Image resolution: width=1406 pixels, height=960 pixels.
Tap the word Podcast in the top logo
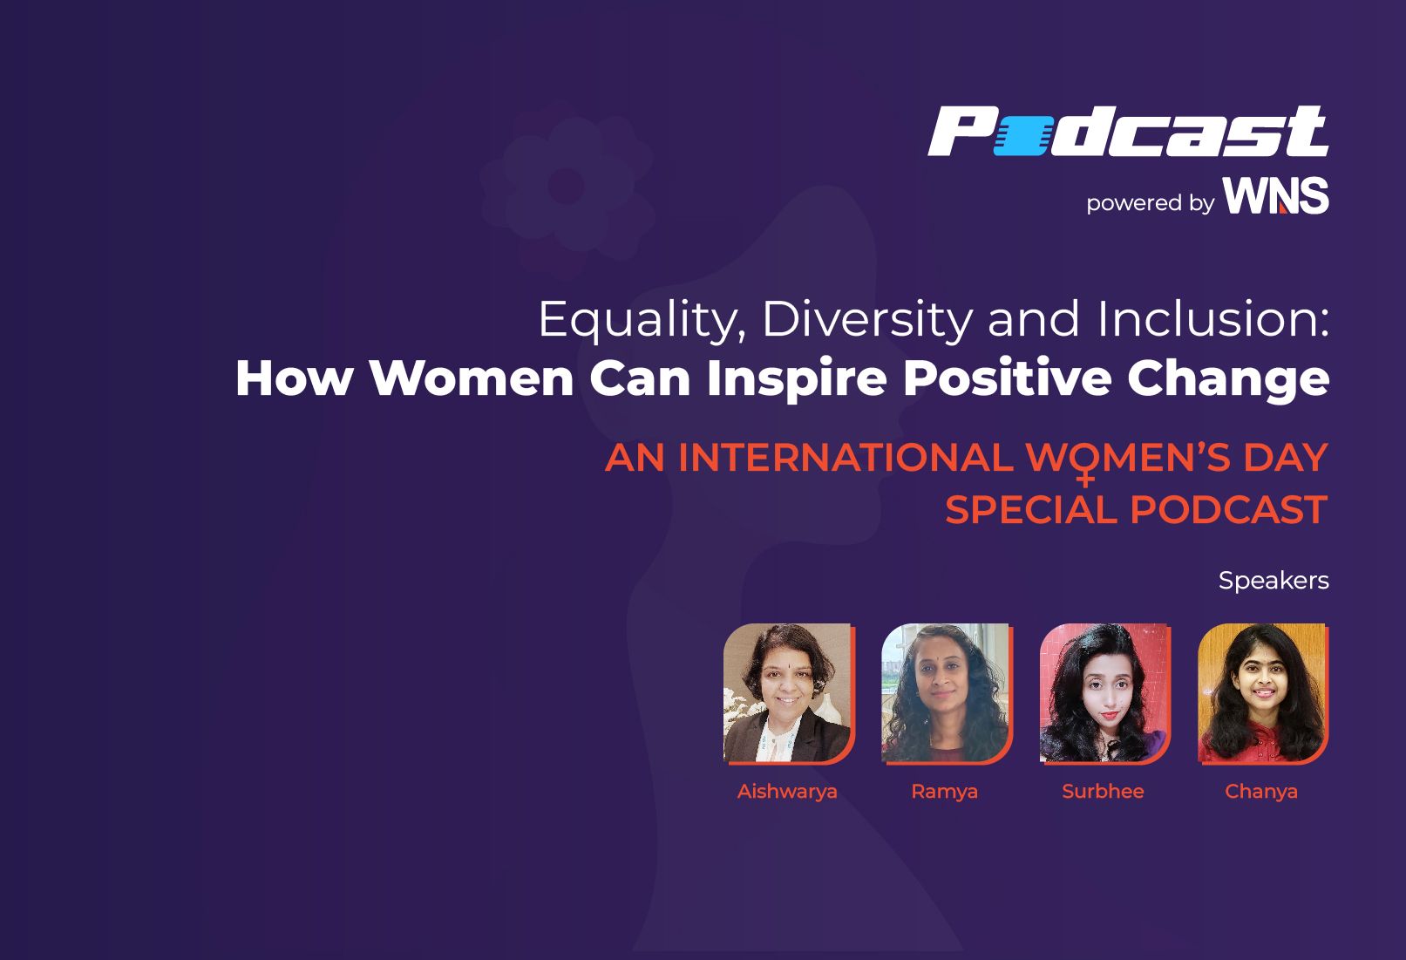(x=1127, y=132)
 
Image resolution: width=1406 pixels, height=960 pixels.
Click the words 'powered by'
(x=1150, y=203)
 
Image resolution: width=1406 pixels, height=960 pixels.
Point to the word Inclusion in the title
(x=1212, y=319)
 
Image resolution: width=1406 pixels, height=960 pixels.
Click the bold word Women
(x=471, y=378)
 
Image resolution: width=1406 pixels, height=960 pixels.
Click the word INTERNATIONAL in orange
(x=845, y=458)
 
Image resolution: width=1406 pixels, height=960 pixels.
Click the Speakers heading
(x=1274, y=580)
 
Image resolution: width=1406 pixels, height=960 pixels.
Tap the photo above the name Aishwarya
(x=788, y=693)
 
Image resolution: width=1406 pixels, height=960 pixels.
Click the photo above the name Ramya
(x=946, y=693)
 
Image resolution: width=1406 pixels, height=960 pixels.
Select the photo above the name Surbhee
(x=1104, y=693)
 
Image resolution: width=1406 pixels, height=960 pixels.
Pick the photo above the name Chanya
(x=1262, y=693)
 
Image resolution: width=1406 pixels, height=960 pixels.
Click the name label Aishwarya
(x=787, y=792)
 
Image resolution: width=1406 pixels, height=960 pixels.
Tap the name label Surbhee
(x=1103, y=792)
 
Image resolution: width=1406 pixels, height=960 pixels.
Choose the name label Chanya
(x=1261, y=792)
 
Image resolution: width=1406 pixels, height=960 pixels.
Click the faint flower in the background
(x=567, y=185)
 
